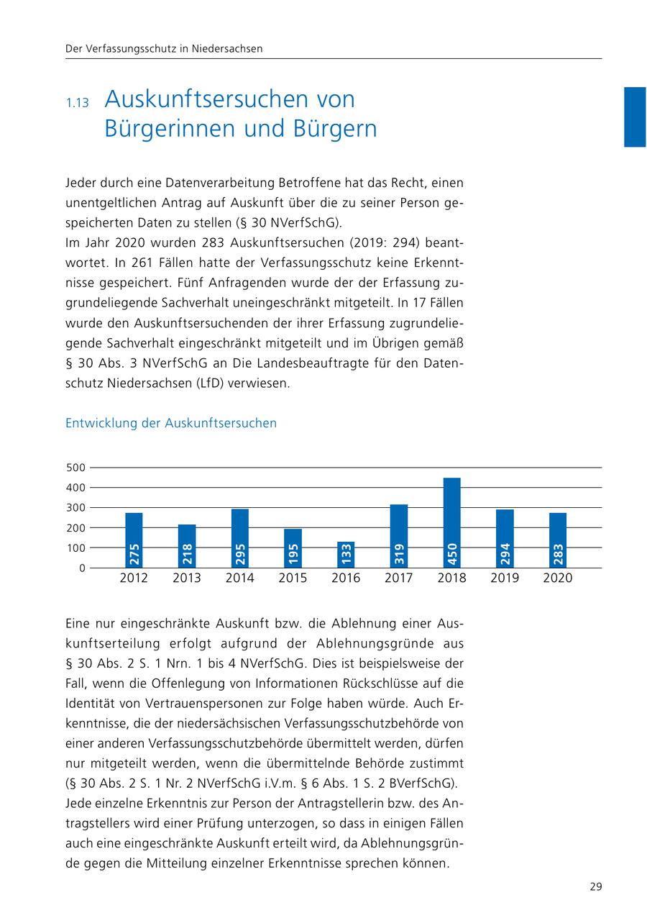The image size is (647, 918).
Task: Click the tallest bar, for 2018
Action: click(x=451, y=522)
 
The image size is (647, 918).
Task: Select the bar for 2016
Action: click(x=346, y=554)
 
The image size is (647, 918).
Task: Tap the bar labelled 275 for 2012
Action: click(x=134, y=540)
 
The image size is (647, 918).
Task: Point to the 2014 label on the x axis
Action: click(x=239, y=578)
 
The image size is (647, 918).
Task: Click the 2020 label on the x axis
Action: click(x=558, y=578)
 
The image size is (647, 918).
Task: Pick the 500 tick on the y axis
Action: click(x=76, y=468)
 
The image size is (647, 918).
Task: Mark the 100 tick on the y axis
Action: click(x=76, y=547)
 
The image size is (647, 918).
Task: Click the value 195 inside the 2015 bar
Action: click(x=293, y=554)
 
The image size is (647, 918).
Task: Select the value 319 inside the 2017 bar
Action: click(x=399, y=554)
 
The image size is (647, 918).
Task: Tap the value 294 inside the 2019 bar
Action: click(x=505, y=554)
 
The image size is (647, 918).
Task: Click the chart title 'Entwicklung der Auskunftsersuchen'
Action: click(x=171, y=423)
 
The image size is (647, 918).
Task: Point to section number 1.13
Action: click(x=77, y=103)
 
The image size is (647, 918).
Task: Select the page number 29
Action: click(x=595, y=886)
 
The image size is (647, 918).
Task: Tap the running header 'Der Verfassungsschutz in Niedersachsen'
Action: click(x=164, y=49)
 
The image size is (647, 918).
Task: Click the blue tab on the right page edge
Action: click(x=635, y=117)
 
